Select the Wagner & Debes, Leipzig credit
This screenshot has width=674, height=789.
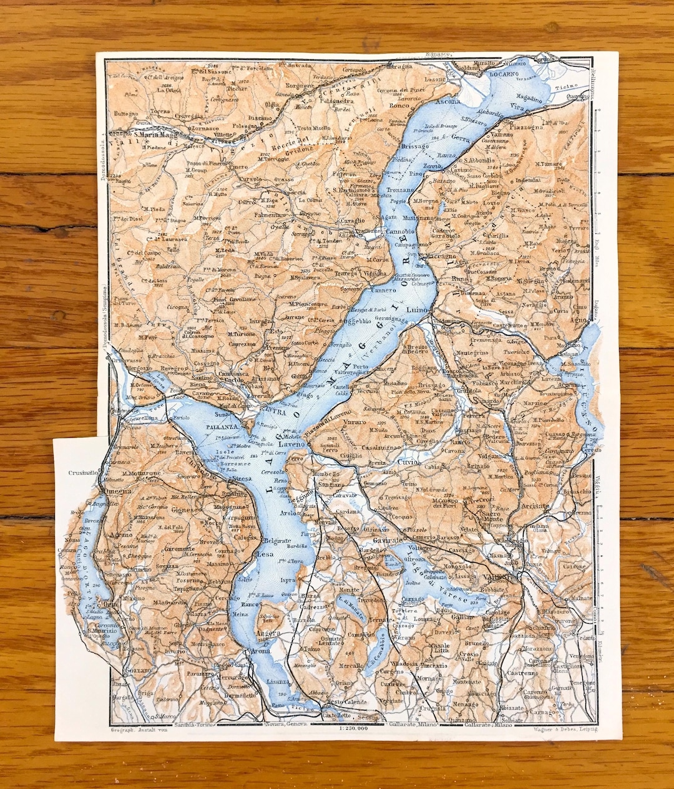566,728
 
